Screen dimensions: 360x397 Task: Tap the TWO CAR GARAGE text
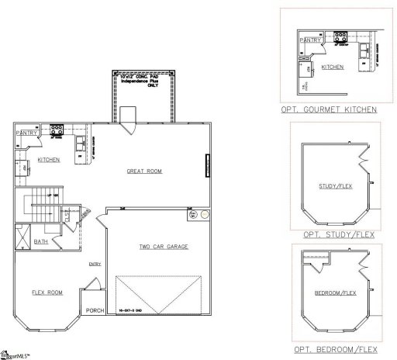click(164, 247)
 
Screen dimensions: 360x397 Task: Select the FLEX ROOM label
click(47, 292)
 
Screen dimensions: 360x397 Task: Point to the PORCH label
click(95, 311)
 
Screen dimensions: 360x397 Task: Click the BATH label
click(40, 242)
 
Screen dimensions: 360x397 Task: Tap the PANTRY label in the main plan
click(26, 133)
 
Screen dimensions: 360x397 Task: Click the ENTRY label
click(95, 264)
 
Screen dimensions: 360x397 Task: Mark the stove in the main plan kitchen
click(57, 130)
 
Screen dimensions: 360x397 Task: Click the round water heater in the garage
click(204, 213)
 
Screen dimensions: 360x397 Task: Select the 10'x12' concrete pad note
click(144, 81)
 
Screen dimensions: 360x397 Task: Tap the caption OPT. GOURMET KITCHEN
click(329, 110)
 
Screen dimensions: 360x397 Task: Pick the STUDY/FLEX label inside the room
click(334, 186)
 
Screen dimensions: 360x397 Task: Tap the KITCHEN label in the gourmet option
click(333, 67)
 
